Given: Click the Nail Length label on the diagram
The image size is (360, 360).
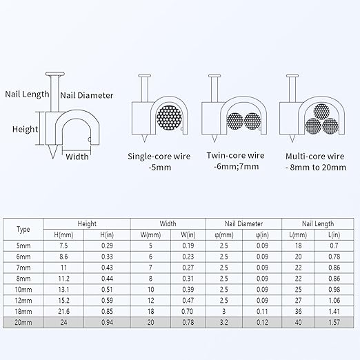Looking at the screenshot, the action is pos(27,94).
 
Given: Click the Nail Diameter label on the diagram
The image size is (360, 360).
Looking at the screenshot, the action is pos(87,95).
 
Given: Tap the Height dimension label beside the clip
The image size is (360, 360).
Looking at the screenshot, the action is pos(25,130).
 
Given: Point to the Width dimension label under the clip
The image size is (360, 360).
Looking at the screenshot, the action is pos(77,157).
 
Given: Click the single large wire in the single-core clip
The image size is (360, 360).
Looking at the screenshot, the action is pos(169,118).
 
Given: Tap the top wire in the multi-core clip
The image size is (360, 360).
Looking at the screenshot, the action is pos(321,112).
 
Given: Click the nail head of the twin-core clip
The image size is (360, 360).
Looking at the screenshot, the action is pos(214,75).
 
